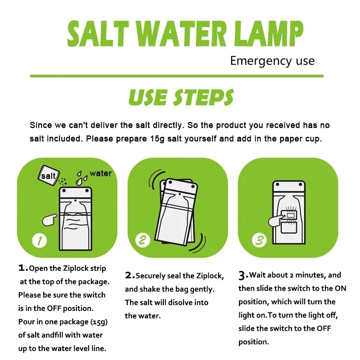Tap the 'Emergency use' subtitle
click(272, 61)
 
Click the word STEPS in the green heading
click(205, 97)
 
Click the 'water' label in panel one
click(100, 173)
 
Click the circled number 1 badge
click(40, 241)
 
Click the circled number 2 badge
click(143, 240)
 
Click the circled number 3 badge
click(259, 240)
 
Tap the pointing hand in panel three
click(274, 220)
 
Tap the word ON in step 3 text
click(340, 288)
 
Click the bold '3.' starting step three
click(243, 275)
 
